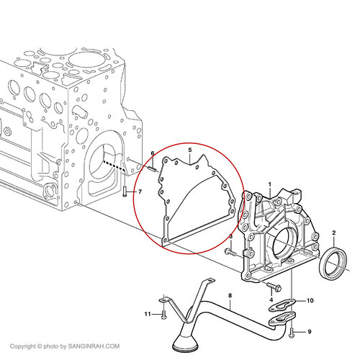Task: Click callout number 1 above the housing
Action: tap(270, 184)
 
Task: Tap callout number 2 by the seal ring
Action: tap(334, 233)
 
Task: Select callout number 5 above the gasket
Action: tap(190, 150)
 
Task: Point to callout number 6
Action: tap(153, 153)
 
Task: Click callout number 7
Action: tap(140, 192)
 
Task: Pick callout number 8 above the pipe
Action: tap(230, 295)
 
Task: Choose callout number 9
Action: tap(310, 332)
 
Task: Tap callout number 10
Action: tap(310, 300)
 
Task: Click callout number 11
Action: tap(148, 314)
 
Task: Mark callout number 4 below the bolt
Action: tap(271, 300)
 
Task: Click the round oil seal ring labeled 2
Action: tap(333, 263)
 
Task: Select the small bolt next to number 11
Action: tap(163, 315)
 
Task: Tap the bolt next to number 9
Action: tap(292, 333)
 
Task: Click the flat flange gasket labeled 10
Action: tap(281, 305)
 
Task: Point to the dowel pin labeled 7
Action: tap(125, 192)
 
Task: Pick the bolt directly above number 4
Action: tap(274, 286)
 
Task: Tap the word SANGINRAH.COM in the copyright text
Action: tap(94, 346)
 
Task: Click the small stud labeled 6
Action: tap(153, 169)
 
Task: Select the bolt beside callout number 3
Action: tap(231, 252)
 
